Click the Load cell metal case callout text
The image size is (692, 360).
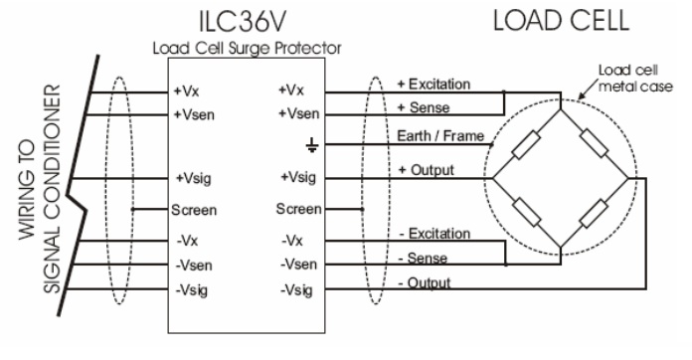(624, 77)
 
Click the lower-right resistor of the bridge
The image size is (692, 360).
(595, 214)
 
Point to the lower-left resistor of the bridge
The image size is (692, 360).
(523, 214)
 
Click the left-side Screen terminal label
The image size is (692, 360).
(194, 210)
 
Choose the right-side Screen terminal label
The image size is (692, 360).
(299, 209)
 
